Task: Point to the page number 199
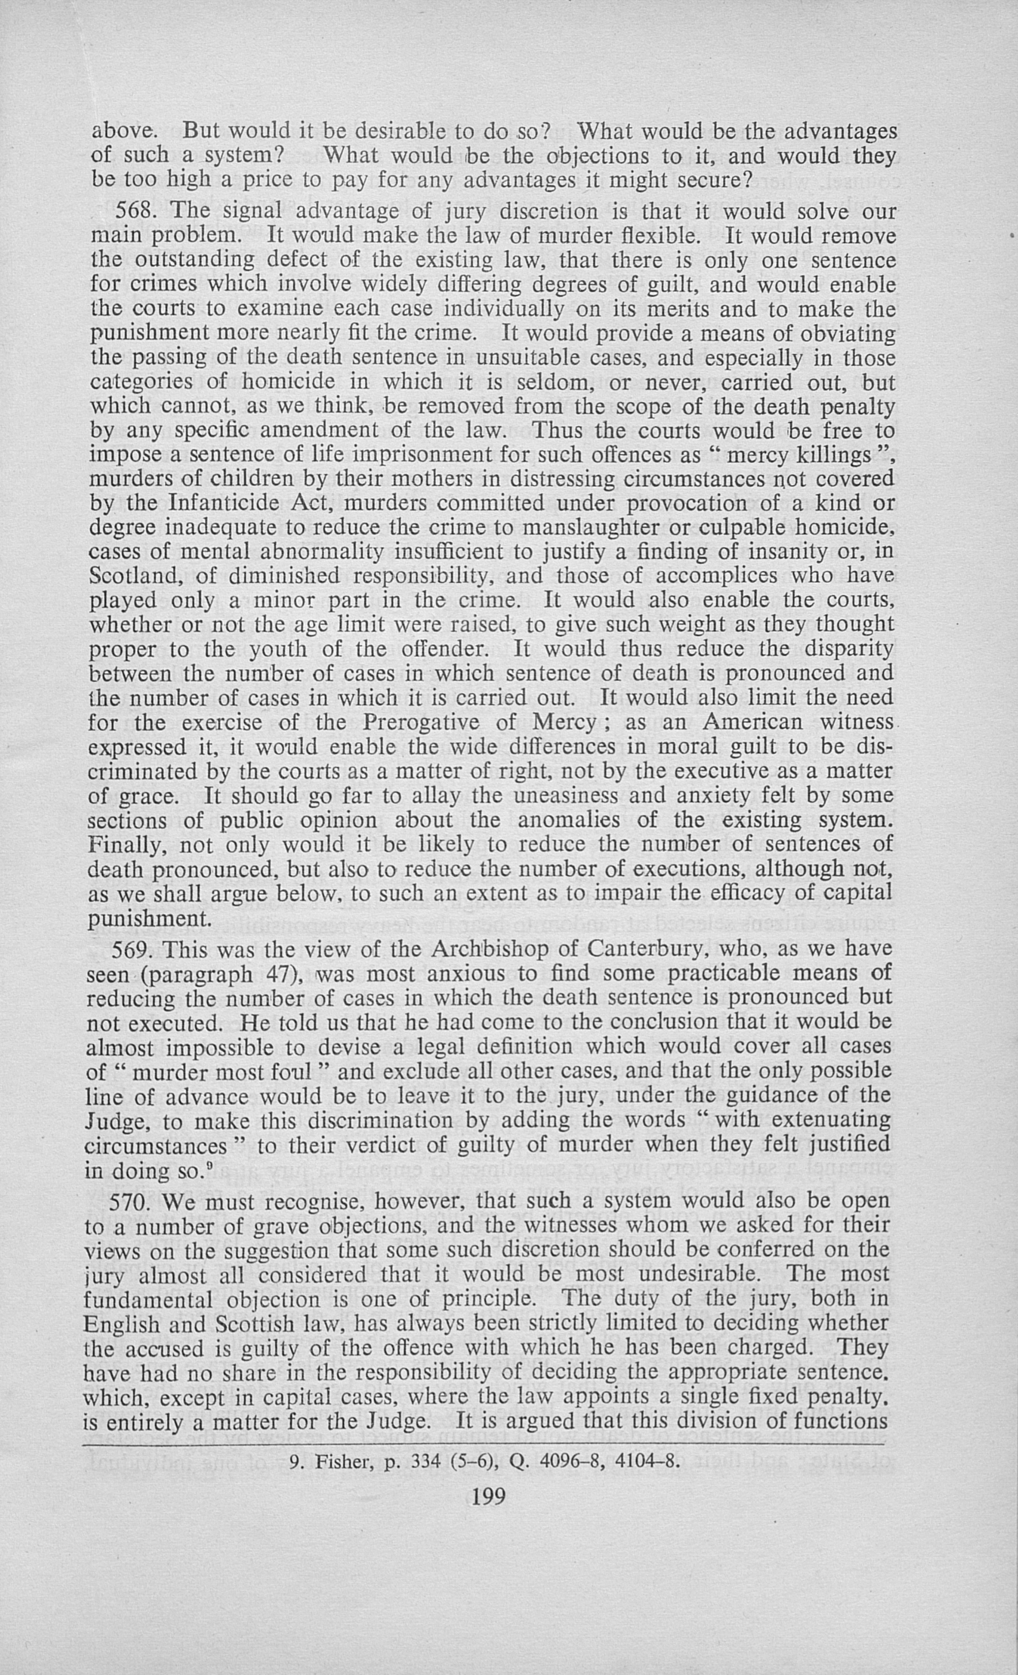point(488,1496)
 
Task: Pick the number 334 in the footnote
point(423,1461)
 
